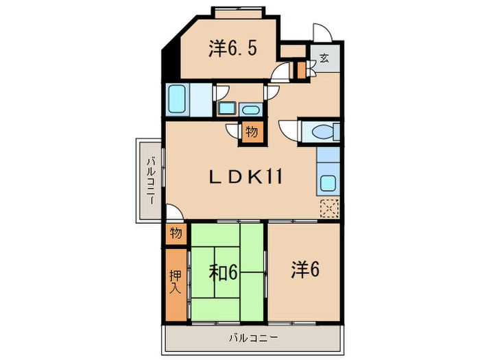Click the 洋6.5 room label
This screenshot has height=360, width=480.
(232, 49)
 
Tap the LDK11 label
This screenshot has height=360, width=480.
(245, 177)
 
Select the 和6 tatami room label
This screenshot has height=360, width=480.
(223, 272)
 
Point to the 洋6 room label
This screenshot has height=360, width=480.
(305, 269)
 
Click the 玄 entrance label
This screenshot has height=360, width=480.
(324, 58)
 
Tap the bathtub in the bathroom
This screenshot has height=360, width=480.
(177, 99)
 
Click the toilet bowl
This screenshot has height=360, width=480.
(322, 132)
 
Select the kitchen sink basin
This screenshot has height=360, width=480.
(328, 183)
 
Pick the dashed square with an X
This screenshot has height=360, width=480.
(329, 208)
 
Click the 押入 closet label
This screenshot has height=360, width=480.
(176, 282)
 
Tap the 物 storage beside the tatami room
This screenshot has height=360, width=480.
(176, 234)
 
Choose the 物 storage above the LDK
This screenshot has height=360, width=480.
(252, 132)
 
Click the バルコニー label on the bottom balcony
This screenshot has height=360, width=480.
(254, 338)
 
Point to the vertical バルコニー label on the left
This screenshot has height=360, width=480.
(151, 180)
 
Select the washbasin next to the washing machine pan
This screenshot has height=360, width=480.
(251, 110)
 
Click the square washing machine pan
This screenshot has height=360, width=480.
(226, 108)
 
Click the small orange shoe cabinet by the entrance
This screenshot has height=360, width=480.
(302, 70)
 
